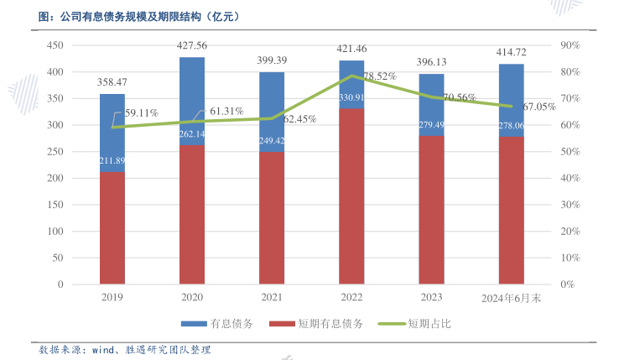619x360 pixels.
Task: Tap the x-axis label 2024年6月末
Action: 512,298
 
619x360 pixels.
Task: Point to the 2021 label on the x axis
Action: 272,298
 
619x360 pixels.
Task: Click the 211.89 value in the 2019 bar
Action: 112,185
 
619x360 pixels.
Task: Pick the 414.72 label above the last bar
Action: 512,53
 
